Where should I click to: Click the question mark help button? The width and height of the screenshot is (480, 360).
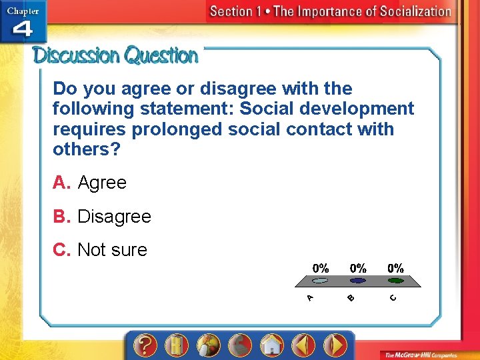tap(144, 345)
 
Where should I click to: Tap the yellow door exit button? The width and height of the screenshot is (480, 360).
tap(176, 345)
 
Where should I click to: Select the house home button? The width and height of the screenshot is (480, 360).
tap(271, 345)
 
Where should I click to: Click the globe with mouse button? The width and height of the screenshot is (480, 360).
tap(208, 345)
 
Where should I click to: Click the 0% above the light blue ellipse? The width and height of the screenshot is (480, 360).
tap(321, 268)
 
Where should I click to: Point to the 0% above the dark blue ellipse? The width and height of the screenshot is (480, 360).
tap(358, 268)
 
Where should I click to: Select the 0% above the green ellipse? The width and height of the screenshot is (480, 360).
tap(395, 268)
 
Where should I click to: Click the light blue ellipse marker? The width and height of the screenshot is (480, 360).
tap(321, 281)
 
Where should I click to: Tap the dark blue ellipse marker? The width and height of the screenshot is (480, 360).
tap(358, 281)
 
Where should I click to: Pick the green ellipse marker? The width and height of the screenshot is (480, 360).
tap(395, 281)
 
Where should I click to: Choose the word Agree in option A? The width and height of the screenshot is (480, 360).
tap(102, 183)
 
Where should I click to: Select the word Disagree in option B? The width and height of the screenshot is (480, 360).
tap(114, 217)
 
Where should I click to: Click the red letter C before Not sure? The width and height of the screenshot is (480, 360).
tap(61, 250)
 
